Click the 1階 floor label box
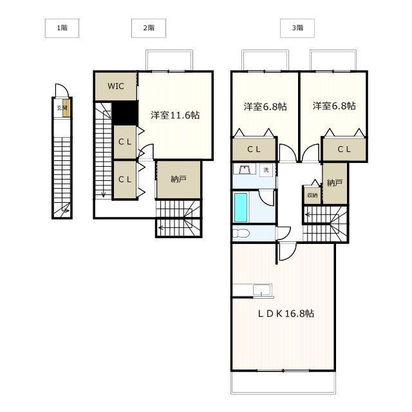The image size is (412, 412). (62, 28)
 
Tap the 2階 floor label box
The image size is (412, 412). (149, 28)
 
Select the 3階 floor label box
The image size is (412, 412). (297, 28)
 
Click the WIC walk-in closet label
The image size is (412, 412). (116, 86)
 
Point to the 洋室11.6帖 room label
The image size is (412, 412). (175, 115)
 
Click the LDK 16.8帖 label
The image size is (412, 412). (286, 314)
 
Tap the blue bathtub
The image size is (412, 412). (241, 207)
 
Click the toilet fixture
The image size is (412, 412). (241, 233)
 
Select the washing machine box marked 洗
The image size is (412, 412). (266, 170)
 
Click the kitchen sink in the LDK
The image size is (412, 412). (263, 290)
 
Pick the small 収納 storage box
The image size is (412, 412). (312, 195)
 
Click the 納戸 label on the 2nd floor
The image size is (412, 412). (179, 179)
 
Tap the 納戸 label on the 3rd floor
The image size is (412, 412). (335, 183)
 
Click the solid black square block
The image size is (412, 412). (125, 113)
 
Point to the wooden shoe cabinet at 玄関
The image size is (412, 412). (66, 108)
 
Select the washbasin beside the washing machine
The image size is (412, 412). (245, 169)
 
